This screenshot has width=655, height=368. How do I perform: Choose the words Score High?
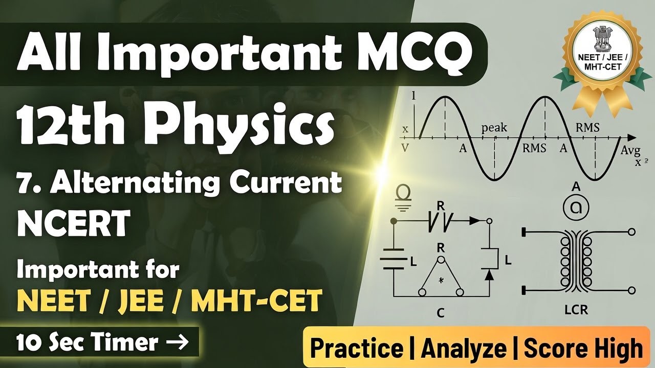tap(583, 349)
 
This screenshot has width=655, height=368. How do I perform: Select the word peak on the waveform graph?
tap(494, 127)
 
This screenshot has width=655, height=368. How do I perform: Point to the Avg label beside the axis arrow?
tap(630, 150)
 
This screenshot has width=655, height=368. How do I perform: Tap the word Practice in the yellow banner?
tap(357, 349)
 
